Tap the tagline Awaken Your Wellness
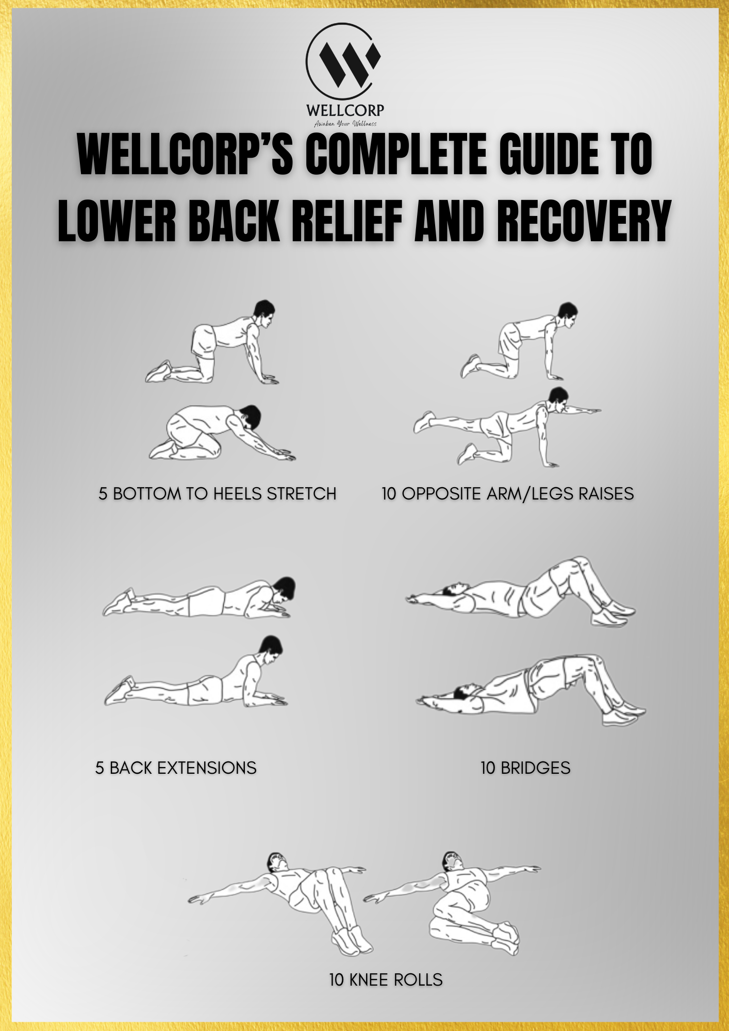(345, 124)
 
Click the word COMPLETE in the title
(396, 155)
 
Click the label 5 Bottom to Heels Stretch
(218, 493)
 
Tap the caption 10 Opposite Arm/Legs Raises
(508, 493)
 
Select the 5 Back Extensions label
(176, 768)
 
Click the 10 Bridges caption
(525, 768)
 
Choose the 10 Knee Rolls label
(386, 979)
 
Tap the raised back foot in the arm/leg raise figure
(424, 422)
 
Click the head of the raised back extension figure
(271, 647)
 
